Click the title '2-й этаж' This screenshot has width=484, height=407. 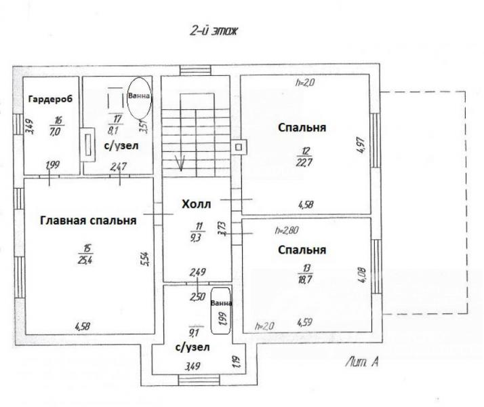tap(214, 31)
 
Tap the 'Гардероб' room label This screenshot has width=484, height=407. tap(50, 99)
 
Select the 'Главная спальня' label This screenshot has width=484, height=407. tap(88, 220)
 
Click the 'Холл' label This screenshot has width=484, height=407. tap(197, 204)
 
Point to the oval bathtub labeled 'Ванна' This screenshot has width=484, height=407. tap(140, 98)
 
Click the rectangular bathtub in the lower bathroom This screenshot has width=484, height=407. tap(221, 311)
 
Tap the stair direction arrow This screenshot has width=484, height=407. tap(180, 163)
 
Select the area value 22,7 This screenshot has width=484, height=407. tap(304, 162)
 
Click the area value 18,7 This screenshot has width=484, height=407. tap(304, 279)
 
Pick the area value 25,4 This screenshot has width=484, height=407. tap(85, 260)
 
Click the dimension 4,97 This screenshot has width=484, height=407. tap(362, 145)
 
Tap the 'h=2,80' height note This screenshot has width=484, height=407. tap(287, 231)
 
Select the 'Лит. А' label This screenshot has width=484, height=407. tap(362, 362)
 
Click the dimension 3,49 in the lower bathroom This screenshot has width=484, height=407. tap(193, 366)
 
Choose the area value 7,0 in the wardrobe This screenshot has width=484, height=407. tap(56, 132)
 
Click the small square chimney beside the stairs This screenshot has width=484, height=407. tap(239, 147)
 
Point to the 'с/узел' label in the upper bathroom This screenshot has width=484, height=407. tap(121, 146)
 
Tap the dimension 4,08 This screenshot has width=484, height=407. tap(363, 275)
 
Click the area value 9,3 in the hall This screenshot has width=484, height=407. tap(197, 238)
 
